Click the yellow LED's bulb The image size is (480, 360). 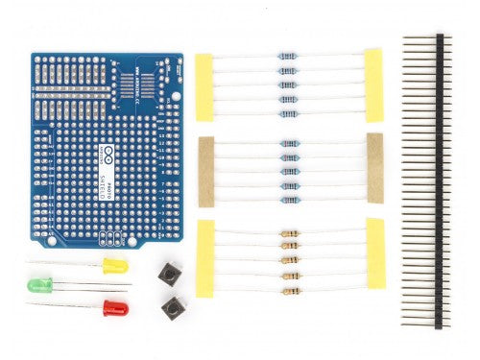click(114, 264)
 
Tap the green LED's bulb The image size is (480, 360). click(40, 285)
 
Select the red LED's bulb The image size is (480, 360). click(114, 308)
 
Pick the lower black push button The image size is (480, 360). click(173, 308)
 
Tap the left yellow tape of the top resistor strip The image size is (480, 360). click(204, 86)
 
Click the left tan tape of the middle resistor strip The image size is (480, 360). click(205, 171)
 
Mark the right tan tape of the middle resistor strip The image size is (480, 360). click(373, 168)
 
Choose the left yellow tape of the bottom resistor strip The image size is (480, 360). click(204, 257)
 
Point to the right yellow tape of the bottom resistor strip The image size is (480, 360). click(374, 253)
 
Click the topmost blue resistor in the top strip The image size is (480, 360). click(287, 56)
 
